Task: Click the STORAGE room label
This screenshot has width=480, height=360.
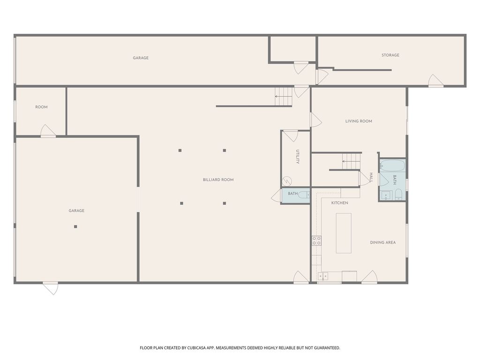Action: [390, 55]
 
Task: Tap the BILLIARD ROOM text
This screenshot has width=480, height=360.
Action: [218, 180]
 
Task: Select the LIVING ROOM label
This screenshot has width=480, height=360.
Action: [359, 121]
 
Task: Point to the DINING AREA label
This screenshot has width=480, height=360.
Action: [383, 242]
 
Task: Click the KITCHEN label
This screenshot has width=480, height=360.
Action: [339, 203]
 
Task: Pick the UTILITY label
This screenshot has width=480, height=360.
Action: [297, 157]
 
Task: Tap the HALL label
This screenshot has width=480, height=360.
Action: [371, 178]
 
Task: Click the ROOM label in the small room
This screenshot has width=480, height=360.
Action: [41, 107]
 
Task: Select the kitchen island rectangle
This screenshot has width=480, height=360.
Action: [344, 233]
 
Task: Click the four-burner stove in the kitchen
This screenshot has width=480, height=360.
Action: [316, 240]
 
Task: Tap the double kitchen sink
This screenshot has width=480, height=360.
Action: [322, 276]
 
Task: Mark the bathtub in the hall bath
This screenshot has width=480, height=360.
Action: [392, 165]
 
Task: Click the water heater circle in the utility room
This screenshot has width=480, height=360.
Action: [287, 181]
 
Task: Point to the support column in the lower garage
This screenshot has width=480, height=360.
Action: [75, 226]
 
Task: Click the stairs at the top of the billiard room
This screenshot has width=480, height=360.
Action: [284, 97]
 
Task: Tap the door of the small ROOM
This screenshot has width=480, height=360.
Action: [48, 131]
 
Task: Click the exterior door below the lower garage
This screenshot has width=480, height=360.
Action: [51, 288]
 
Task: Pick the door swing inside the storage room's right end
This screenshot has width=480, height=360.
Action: [435, 81]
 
